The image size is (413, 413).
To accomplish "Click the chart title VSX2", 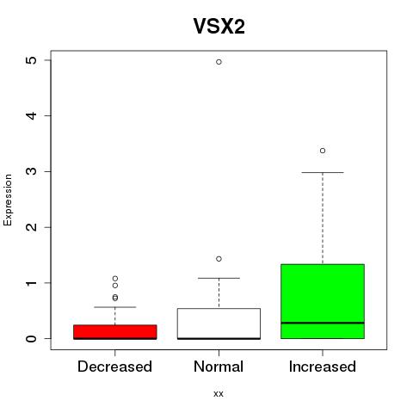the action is point(219,27).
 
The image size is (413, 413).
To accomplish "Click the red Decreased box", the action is point(115,332).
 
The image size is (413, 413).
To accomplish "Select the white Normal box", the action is point(219,324).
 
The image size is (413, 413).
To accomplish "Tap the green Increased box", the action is point(323,301).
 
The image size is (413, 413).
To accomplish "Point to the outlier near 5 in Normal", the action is point(219,62).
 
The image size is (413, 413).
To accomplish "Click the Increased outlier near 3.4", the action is point(323,151).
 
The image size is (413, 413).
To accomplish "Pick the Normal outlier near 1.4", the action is point(219,259).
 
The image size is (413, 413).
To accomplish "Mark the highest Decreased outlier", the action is point(115,278).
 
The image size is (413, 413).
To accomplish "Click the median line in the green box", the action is point(323,323).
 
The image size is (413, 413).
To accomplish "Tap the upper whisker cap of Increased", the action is point(323,172).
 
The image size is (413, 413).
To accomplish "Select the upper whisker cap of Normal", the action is point(219,278).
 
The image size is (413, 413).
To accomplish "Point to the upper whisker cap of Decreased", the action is point(115,307).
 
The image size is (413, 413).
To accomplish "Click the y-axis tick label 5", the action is point(32,60).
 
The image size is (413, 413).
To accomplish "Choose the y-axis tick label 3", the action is point(32,171).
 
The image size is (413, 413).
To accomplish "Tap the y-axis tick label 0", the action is point(32,338).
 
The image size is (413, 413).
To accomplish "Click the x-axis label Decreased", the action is point(114,367).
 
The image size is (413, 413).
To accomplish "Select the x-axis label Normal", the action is point(219,367).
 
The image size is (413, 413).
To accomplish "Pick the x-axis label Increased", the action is point(323,367).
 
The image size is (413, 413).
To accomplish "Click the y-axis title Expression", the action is point(8,200).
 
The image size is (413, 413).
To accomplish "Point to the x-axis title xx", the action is point(219,393).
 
